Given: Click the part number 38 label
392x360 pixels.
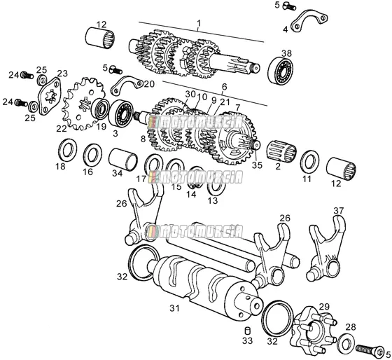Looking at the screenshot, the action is (286, 53).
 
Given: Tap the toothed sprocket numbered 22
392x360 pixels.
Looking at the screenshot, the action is (83, 104).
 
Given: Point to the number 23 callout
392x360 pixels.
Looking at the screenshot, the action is (62, 74).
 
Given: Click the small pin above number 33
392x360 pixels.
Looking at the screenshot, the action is (247, 331).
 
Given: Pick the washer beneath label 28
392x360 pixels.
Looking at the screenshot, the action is (346, 342).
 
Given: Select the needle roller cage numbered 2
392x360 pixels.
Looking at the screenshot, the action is (281, 151).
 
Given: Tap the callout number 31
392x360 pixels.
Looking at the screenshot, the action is (174, 308).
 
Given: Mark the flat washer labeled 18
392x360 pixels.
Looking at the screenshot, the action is (67, 151).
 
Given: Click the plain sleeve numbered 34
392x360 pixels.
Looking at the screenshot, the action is (123, 160).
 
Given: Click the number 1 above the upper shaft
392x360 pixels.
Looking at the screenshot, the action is (199, 23).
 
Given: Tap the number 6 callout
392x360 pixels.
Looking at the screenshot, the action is (224, 87).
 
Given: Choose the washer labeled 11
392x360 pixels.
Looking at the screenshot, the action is (309, 162).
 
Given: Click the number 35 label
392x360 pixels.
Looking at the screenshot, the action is (257, 165).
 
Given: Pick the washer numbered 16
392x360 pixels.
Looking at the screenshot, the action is (92, 156).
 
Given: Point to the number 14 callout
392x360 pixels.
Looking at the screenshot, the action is (191, 194).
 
